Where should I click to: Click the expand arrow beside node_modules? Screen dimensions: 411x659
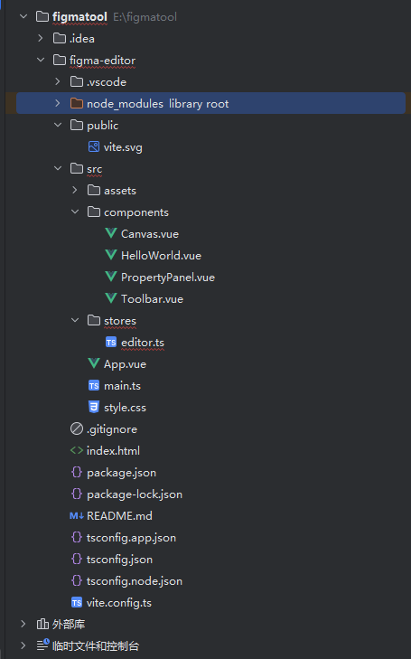pyautogui.click(x=58, y=103)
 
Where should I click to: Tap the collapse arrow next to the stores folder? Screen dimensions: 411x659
pyautogui.click(x=75, y=320)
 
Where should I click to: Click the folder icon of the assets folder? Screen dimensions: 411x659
pyautogui.click(x=94, y=191)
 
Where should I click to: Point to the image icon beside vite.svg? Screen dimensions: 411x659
pyautogui.click(x=94, y=146)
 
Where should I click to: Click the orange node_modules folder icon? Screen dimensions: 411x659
pyautogui.click(x=77, y=103)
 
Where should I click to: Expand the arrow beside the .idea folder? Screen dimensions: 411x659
pyautogui.click(x=41, y=38)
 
